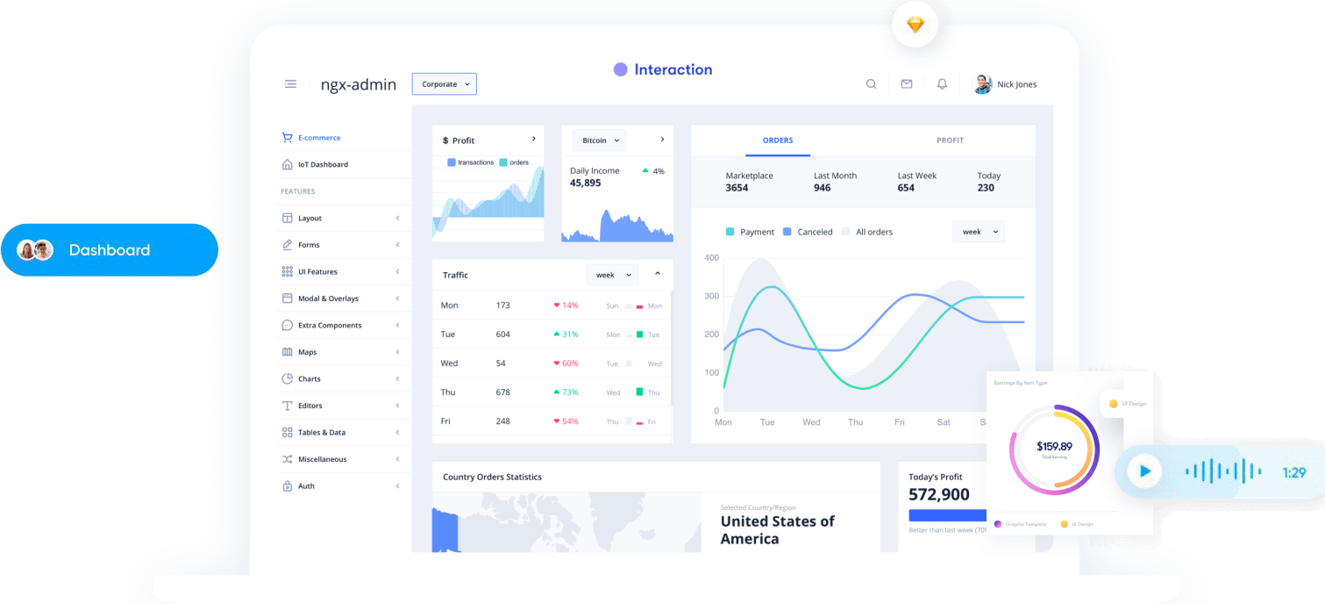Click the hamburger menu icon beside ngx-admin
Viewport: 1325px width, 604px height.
point(290,84)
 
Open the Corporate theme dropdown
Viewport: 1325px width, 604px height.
point(445,84)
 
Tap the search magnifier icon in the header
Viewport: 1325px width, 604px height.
point(871,84)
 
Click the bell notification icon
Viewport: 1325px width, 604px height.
point(942,84)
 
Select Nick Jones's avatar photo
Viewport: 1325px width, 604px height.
point(982,84)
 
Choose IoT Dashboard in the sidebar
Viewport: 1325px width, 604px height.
point(323,164)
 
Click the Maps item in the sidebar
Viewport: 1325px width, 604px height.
point(307,352)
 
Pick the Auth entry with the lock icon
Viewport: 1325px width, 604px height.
point(306,486)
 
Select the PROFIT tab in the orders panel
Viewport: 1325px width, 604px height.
point(950,140)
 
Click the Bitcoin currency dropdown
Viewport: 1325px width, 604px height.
point(599,140)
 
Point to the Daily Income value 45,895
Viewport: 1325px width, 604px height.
point(586,183)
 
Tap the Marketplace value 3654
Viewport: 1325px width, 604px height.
point(737,188)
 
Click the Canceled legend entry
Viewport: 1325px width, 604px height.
point(815,232)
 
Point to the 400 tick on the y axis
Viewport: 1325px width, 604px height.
point(711,258)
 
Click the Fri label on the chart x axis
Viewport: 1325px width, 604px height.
point(899,422)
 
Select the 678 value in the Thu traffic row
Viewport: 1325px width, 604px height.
point(502,392)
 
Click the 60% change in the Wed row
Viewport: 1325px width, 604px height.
point(570,363)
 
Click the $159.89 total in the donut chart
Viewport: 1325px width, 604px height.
point(1053,446)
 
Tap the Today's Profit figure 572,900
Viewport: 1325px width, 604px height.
point(939,495)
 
